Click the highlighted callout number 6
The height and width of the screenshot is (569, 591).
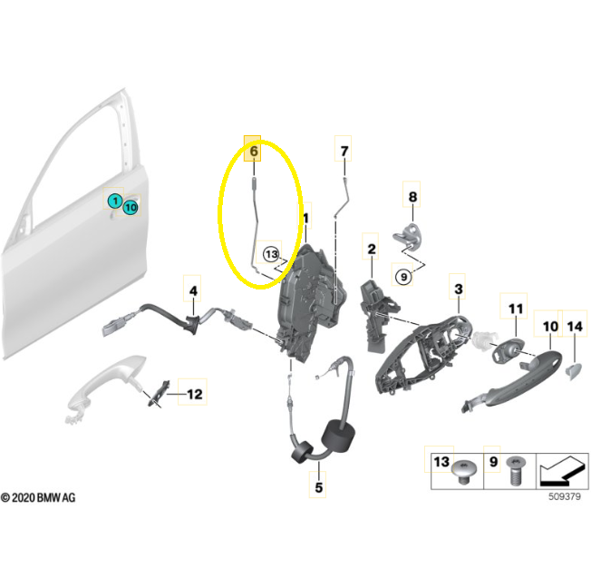(x=253, y=151)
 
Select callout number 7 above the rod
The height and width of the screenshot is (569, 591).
(x=344, y=151)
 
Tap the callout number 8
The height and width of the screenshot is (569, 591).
(x=412, y=197)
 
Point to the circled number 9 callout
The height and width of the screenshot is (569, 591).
(x=403, y=278)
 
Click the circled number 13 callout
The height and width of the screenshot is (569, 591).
(x=271, y=254)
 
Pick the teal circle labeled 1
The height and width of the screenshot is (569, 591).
(x=115, y=201)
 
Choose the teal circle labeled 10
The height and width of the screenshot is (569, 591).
(x=131, y=208)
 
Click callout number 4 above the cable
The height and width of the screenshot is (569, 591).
(x=193, y=291)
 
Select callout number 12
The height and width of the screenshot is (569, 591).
(x=195, y=394)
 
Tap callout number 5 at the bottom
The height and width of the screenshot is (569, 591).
(x=319, y=487)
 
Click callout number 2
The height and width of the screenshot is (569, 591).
(x=372, y=249)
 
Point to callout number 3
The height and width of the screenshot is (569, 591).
(x=459, y=289)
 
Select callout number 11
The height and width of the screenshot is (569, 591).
(x=516, y=309)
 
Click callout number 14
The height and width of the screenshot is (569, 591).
(x=575, y=327)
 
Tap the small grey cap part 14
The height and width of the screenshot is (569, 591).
(x=573, y=370)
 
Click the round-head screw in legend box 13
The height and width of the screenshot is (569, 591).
(x=463, y=472)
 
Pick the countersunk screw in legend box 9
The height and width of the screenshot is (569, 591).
(x=516, y=470)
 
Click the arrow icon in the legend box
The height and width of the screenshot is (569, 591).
(x=563, y=471)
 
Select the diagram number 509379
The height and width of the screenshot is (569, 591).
(x=564, y=496)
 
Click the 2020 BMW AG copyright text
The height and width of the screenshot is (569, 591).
(x=38, y=497)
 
